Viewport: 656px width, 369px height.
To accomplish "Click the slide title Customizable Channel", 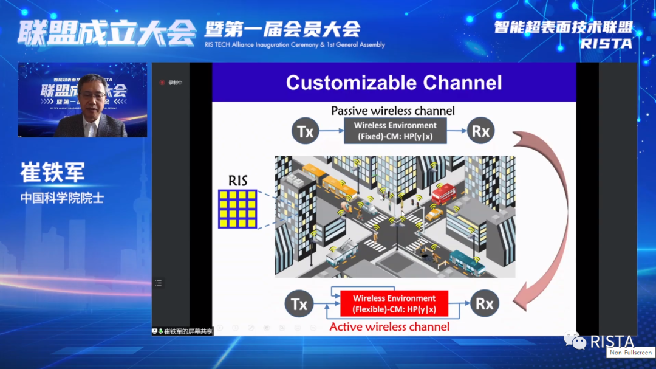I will [394, 83].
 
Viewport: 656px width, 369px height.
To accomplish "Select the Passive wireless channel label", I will [392, 111].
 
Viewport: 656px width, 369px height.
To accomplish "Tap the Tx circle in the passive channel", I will [306, 131].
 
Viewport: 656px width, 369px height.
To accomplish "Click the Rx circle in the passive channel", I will [480, 131].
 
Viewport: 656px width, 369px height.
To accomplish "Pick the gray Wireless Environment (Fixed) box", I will [395, 130].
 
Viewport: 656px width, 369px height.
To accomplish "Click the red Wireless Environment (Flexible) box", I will [394, 303].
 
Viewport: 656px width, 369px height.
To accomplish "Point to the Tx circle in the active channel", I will [299, 303].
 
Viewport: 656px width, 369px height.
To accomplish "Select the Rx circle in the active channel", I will [484, 303].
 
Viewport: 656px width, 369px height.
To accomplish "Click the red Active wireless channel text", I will [389, 327].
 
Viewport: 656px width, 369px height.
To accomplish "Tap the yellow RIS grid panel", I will [237, 209].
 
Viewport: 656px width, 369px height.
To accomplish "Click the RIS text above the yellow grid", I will [238, 181].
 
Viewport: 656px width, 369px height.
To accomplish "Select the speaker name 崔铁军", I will [52, 172].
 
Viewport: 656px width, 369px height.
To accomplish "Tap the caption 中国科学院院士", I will [62, 198].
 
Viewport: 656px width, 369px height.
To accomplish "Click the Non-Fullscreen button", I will [630, 353].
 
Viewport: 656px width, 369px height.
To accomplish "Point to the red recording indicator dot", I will [162, 83].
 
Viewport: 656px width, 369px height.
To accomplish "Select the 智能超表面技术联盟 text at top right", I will [563, 27].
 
